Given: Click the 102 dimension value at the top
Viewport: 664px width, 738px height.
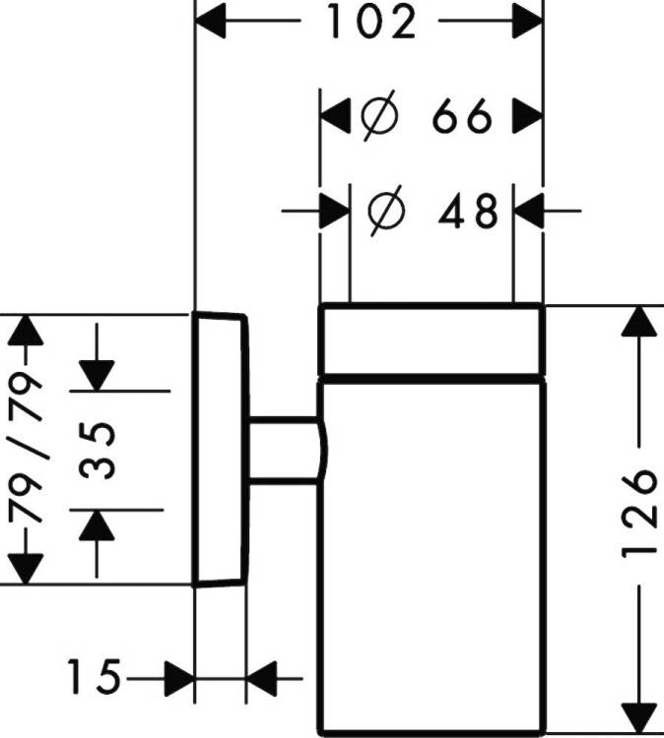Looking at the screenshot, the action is pyautogui.click(x=371, y=22).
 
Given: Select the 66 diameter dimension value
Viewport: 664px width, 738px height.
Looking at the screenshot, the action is pyautogui.click(x=462, y=116).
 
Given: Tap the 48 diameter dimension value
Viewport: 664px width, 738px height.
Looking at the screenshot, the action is pyautogui.click(x=468, y=211).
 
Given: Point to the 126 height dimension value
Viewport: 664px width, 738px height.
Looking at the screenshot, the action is pyautogui.click(x=638, y=513).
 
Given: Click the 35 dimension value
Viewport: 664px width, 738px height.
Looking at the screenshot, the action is pyautogui.click(x=97, y=451).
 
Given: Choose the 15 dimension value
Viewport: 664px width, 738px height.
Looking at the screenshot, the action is pyautogui.click(x=95, y=677).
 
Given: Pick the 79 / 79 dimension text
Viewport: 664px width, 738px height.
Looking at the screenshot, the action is pyautogui.click(x=26, y=446).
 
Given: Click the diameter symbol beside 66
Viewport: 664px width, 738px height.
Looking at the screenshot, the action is pyautogui.click(x=379, y=115).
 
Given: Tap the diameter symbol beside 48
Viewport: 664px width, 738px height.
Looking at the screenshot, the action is pyautogui.click(x=386, y=211).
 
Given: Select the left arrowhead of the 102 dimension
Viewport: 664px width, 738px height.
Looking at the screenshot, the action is pyautogui.click(x=210, y=21).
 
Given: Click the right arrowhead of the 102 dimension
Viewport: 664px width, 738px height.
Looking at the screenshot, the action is pyautogui.click(x=528, y=21).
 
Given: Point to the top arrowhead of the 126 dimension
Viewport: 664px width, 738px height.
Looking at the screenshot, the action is pyautogui.click(x=639, y=321).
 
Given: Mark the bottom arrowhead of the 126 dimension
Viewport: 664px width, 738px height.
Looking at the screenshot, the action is pyautogui.click(x=639, y=718).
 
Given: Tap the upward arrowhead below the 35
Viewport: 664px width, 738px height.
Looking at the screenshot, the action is pyautogui.click(x=97, y=525).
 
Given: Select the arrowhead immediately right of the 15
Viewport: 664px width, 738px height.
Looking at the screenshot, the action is pyautogui.click(x=179, y=679).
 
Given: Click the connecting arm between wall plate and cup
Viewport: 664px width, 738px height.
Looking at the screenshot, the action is pyautogui.click(x=284, y=450).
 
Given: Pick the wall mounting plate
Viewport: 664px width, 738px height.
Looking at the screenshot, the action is pyautogui.click(x=220, y=450).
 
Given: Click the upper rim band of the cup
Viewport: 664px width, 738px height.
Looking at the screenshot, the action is pyautogui.click(x=432, y=340).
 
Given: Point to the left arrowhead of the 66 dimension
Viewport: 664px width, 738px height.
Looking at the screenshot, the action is pyautogui.click(x=335, y=115).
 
